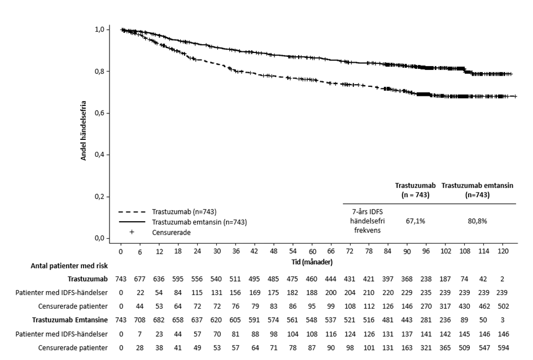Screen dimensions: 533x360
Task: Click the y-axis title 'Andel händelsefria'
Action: click(x=84, y=130)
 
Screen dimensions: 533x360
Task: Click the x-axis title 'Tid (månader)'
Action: click(x=312, y=262)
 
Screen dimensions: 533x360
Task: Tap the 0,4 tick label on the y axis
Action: click(x=99, y=155)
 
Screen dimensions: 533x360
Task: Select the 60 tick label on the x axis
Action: click(x=312, y=251)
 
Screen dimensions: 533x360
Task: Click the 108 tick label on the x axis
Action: click(x=465, y=251)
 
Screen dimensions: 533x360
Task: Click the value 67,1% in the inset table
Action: click(x=416, y=221)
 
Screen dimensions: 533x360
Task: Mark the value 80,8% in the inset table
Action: click(x=477, y=221)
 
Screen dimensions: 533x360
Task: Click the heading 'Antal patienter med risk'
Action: click(x=69, y=266)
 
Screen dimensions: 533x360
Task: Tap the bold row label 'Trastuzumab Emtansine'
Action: click(x=70, y=320)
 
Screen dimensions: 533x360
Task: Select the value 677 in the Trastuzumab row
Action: click(x=139, y=279)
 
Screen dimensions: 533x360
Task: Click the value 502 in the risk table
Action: click(x=503, y=306)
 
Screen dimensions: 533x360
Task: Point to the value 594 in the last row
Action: click(x=503, y=348)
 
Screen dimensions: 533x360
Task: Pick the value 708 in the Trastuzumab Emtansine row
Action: click(x=139, y=320)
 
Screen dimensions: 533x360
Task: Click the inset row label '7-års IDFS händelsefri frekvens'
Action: click(x=368, y=221)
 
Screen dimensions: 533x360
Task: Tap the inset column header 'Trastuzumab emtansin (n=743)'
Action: click(x=477, y=190)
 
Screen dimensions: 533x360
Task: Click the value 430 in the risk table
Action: click(x=465, y=306)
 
